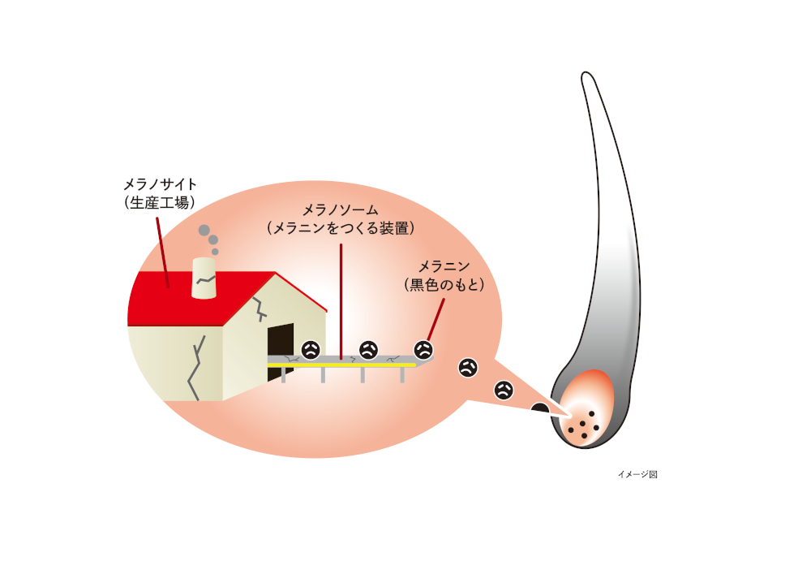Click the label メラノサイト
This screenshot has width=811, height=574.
pos(160,184)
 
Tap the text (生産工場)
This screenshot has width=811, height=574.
pos(160,202)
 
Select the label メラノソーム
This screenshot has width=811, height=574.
pos(341,210)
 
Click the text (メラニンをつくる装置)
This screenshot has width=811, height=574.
pos(341,228)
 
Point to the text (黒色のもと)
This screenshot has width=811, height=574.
pos(444,285)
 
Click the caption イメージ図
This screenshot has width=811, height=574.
pos(637,474)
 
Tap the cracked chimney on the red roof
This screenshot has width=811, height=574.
pos(204,278)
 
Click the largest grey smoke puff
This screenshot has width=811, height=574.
pos(204,230)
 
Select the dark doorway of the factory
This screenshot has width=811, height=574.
pos(281,352)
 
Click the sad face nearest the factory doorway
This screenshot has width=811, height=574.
pos(311,350)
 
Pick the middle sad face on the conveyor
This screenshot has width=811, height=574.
pos(368,350)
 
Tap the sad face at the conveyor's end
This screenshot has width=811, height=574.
pos(423,350)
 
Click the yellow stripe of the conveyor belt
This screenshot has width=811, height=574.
pos(342,365)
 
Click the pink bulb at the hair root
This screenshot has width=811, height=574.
pos(587,408)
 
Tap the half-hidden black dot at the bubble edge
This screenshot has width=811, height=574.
pos(540,409)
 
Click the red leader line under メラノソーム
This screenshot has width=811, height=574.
pos(341,302)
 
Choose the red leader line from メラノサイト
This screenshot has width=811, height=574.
pos(162,252)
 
